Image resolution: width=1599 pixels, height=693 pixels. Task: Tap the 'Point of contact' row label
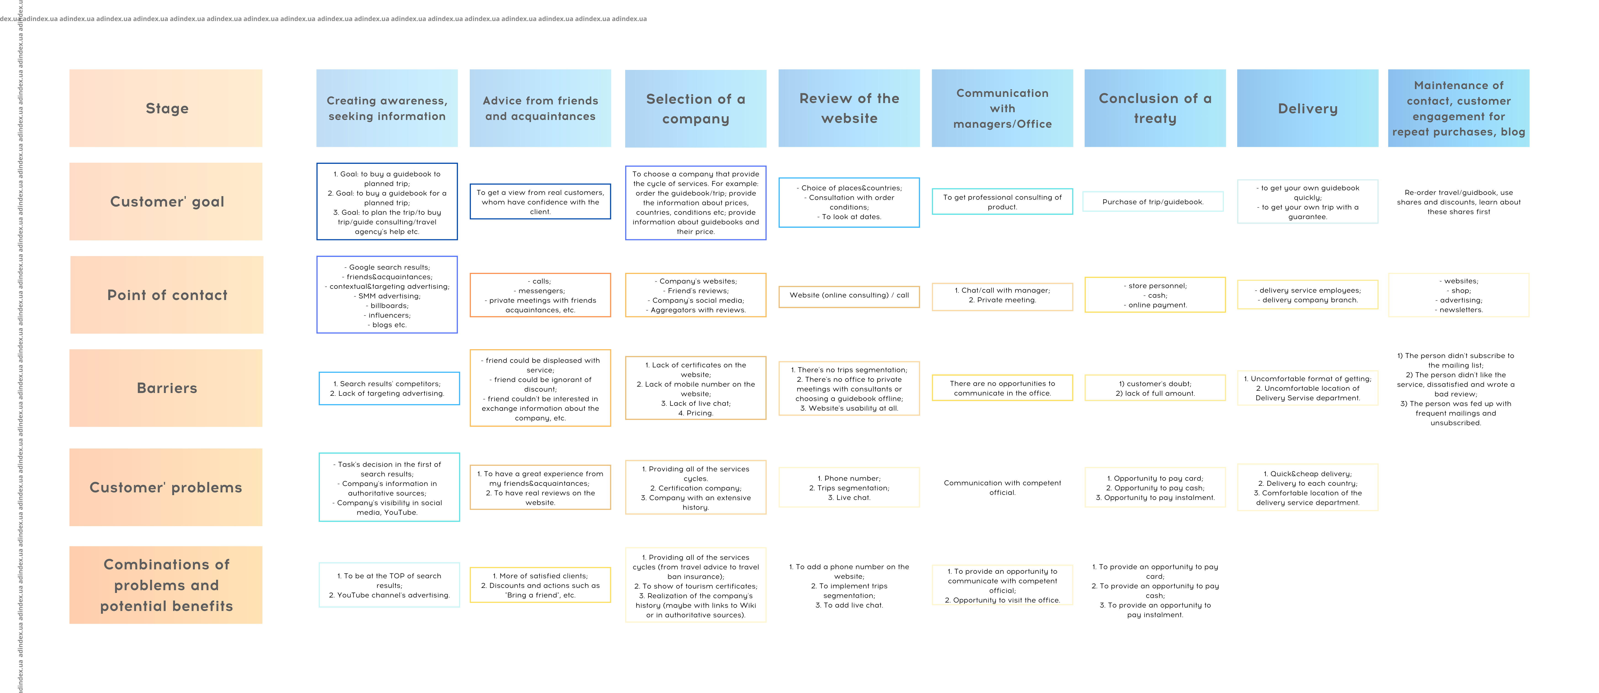[x=166, y=295]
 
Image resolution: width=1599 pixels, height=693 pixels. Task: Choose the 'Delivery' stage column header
[x=1307, y=108]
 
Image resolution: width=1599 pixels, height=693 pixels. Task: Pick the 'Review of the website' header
[x=849, y=108]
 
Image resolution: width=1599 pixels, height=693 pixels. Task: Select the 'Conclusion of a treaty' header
[x=1154, y=108]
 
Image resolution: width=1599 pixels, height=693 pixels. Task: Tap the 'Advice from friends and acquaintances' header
[x=540, y=108]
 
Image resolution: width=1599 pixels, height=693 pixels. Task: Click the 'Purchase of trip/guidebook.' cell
[x=1153, y=202]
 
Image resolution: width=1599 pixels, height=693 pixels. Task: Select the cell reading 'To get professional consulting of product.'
[x=1002, y=202]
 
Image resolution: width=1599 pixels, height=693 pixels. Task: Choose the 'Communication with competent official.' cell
[x=1002, y=487]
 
